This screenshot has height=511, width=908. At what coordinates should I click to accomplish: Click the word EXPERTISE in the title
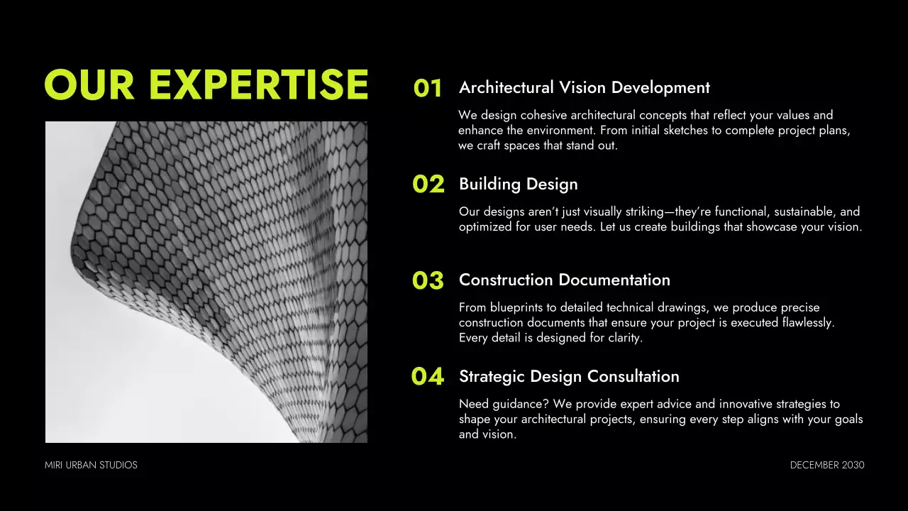coord(259,85)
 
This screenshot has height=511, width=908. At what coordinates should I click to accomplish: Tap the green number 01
coord(428,89)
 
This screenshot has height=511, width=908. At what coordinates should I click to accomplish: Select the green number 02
coord(428,185)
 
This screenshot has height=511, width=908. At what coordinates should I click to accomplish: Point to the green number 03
coord(428,281)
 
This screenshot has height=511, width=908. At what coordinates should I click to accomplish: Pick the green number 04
coord(428,377)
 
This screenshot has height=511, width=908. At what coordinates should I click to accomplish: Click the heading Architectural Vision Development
coord(584,87)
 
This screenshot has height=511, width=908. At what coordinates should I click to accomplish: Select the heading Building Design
coord(518,184)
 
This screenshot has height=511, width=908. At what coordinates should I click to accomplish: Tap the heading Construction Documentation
coord(564,280)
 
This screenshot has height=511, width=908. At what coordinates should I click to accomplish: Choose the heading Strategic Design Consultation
coord(569,376)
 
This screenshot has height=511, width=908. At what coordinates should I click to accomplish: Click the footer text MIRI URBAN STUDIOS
coord(91,465)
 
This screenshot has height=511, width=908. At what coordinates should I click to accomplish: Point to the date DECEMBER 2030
coord(827,465)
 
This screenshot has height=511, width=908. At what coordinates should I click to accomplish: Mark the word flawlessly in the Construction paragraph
coord(807,322)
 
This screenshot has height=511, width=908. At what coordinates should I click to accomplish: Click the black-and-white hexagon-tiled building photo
coord(206,282)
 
